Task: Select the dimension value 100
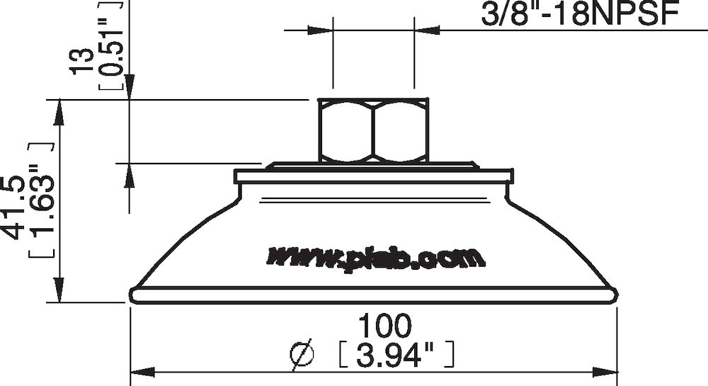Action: pos(384,327)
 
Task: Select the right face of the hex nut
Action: pos(401,131)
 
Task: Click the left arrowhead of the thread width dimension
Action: pos(324,30)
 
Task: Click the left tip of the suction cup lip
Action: pos(132,293)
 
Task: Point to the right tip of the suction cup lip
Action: pos(619,293)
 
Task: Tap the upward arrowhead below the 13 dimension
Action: pos(130,171)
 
